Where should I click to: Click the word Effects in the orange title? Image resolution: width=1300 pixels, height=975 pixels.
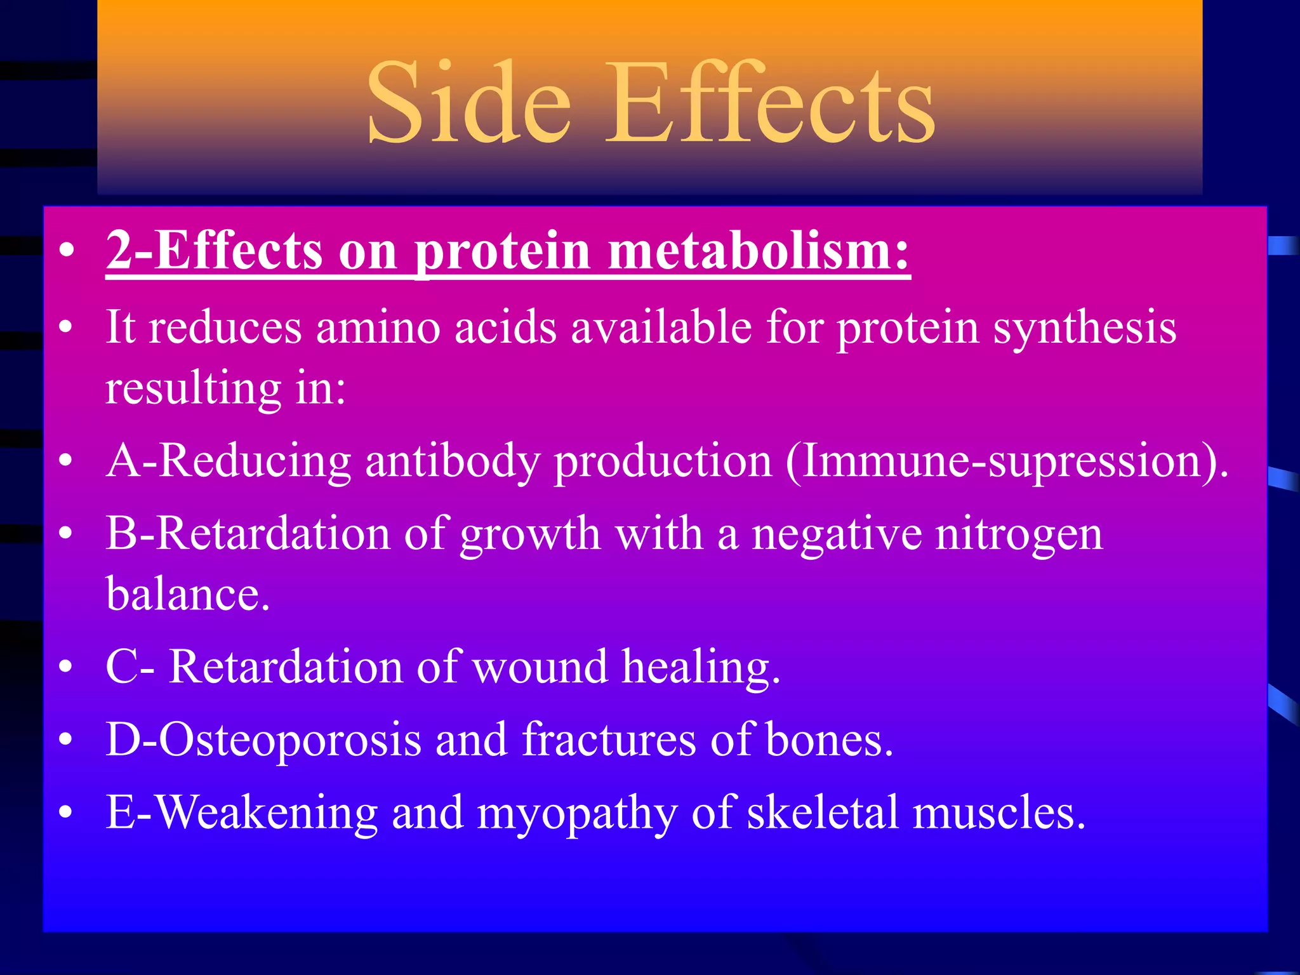(769, 103)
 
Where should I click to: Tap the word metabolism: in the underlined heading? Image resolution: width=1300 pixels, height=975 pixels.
(759, 251)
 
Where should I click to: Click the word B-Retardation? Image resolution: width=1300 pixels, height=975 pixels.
(248, 533)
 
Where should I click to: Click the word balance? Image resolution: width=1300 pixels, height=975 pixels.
(187, 594)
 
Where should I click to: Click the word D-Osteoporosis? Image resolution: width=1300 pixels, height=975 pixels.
(263, 740)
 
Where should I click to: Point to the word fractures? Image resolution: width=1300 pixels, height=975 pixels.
(608, 740)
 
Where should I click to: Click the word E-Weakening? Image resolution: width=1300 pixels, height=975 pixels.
(241, 814)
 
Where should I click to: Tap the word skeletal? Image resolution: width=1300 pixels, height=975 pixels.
(823, 812)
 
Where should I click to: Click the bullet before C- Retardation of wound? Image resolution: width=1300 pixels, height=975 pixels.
(65, 668)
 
